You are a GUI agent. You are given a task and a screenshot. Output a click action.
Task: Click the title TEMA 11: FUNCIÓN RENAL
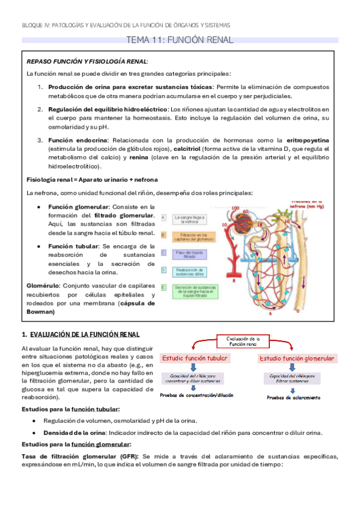pyautogui.click(x=179, y=40)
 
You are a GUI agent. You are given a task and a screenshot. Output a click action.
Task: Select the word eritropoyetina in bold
pyautogui.click(x=307, y=140)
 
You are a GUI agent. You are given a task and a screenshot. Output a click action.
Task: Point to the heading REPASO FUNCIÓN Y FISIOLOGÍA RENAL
pyautogui.click(x=87, y=61)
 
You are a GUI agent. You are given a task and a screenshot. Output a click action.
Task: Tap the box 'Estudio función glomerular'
pyautogui.click(x=297, y=358)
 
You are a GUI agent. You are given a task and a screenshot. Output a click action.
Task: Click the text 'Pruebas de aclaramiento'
pyautogui.click(x=293, y=397)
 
